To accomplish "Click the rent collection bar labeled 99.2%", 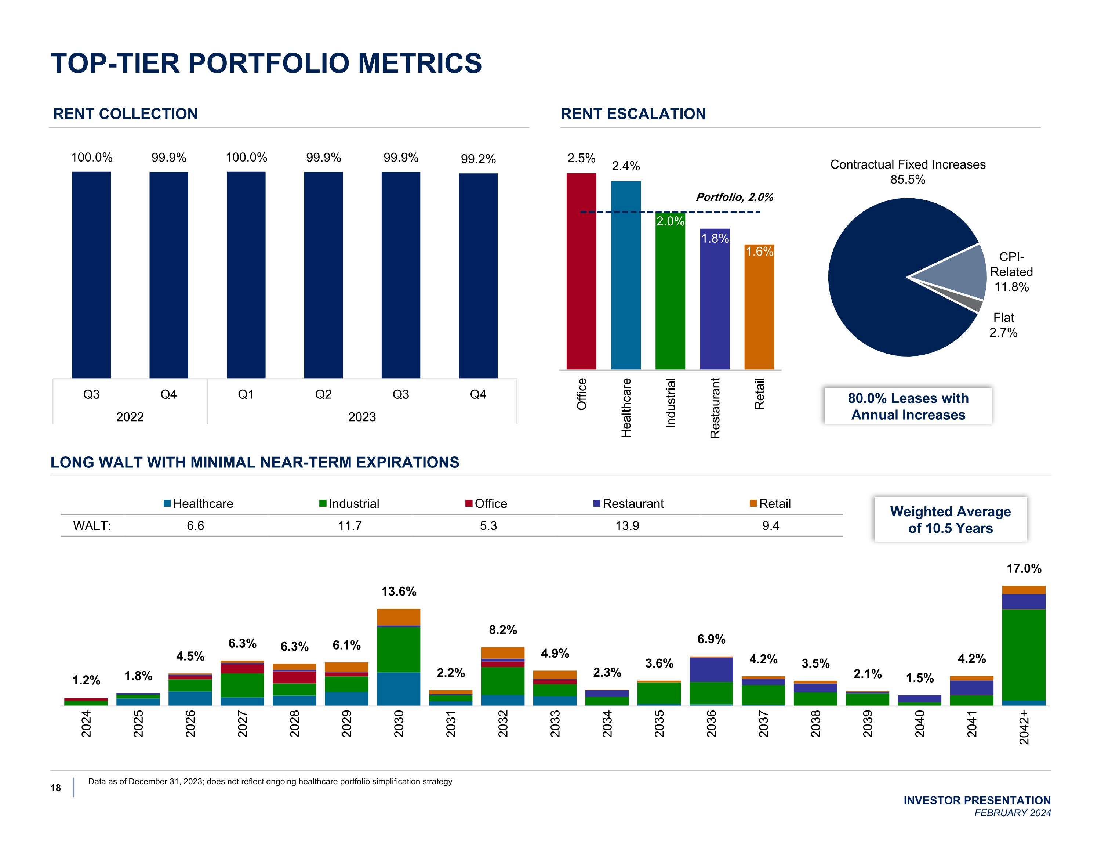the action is (x=478, y=275).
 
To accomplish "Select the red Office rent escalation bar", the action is (x=581, y=271).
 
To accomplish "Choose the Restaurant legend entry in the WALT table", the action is (x=629, y=503).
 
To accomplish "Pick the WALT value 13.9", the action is (x=627, y=526).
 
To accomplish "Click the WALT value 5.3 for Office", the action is (x=488, y=526).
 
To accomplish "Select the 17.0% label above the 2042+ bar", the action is (x=1024, y=568).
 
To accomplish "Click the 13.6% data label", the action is (x=399, y=591).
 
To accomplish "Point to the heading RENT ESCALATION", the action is (x=633, y=114).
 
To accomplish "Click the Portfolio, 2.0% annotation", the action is (x=734, y=197).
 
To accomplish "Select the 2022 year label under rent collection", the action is (x=130, y=417).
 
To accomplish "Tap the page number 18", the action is (x=55, y=788).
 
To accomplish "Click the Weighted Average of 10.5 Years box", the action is (x=950, y=520).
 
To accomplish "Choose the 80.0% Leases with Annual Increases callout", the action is (x=908, y=406).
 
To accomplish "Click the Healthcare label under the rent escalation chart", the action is (x=626, y=408).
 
